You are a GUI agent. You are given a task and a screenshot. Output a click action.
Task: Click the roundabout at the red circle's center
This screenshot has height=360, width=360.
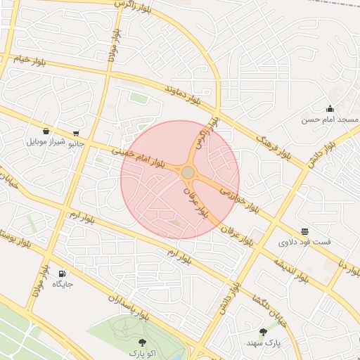188,173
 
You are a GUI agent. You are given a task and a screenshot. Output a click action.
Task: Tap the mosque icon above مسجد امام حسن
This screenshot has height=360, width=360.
330,108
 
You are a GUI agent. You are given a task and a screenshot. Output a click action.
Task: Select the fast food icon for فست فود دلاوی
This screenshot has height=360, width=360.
304,231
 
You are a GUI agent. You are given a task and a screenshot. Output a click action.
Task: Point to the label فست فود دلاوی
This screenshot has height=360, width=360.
304,242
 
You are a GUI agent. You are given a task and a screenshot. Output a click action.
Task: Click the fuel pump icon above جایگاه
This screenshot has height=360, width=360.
62,274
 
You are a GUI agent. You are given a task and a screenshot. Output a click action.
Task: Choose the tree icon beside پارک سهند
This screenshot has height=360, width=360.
263,331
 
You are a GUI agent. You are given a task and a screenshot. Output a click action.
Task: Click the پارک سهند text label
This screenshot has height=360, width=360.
263,342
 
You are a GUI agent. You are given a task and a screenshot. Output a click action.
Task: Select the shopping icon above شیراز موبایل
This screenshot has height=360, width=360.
46,130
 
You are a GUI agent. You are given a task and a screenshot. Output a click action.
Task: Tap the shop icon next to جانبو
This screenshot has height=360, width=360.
75,133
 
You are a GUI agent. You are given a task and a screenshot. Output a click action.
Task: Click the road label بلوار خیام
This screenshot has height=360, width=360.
30,60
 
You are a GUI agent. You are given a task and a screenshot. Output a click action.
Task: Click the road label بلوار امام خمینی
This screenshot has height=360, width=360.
139,153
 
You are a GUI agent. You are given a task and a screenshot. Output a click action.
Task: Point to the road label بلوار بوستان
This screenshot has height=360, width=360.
20,238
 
